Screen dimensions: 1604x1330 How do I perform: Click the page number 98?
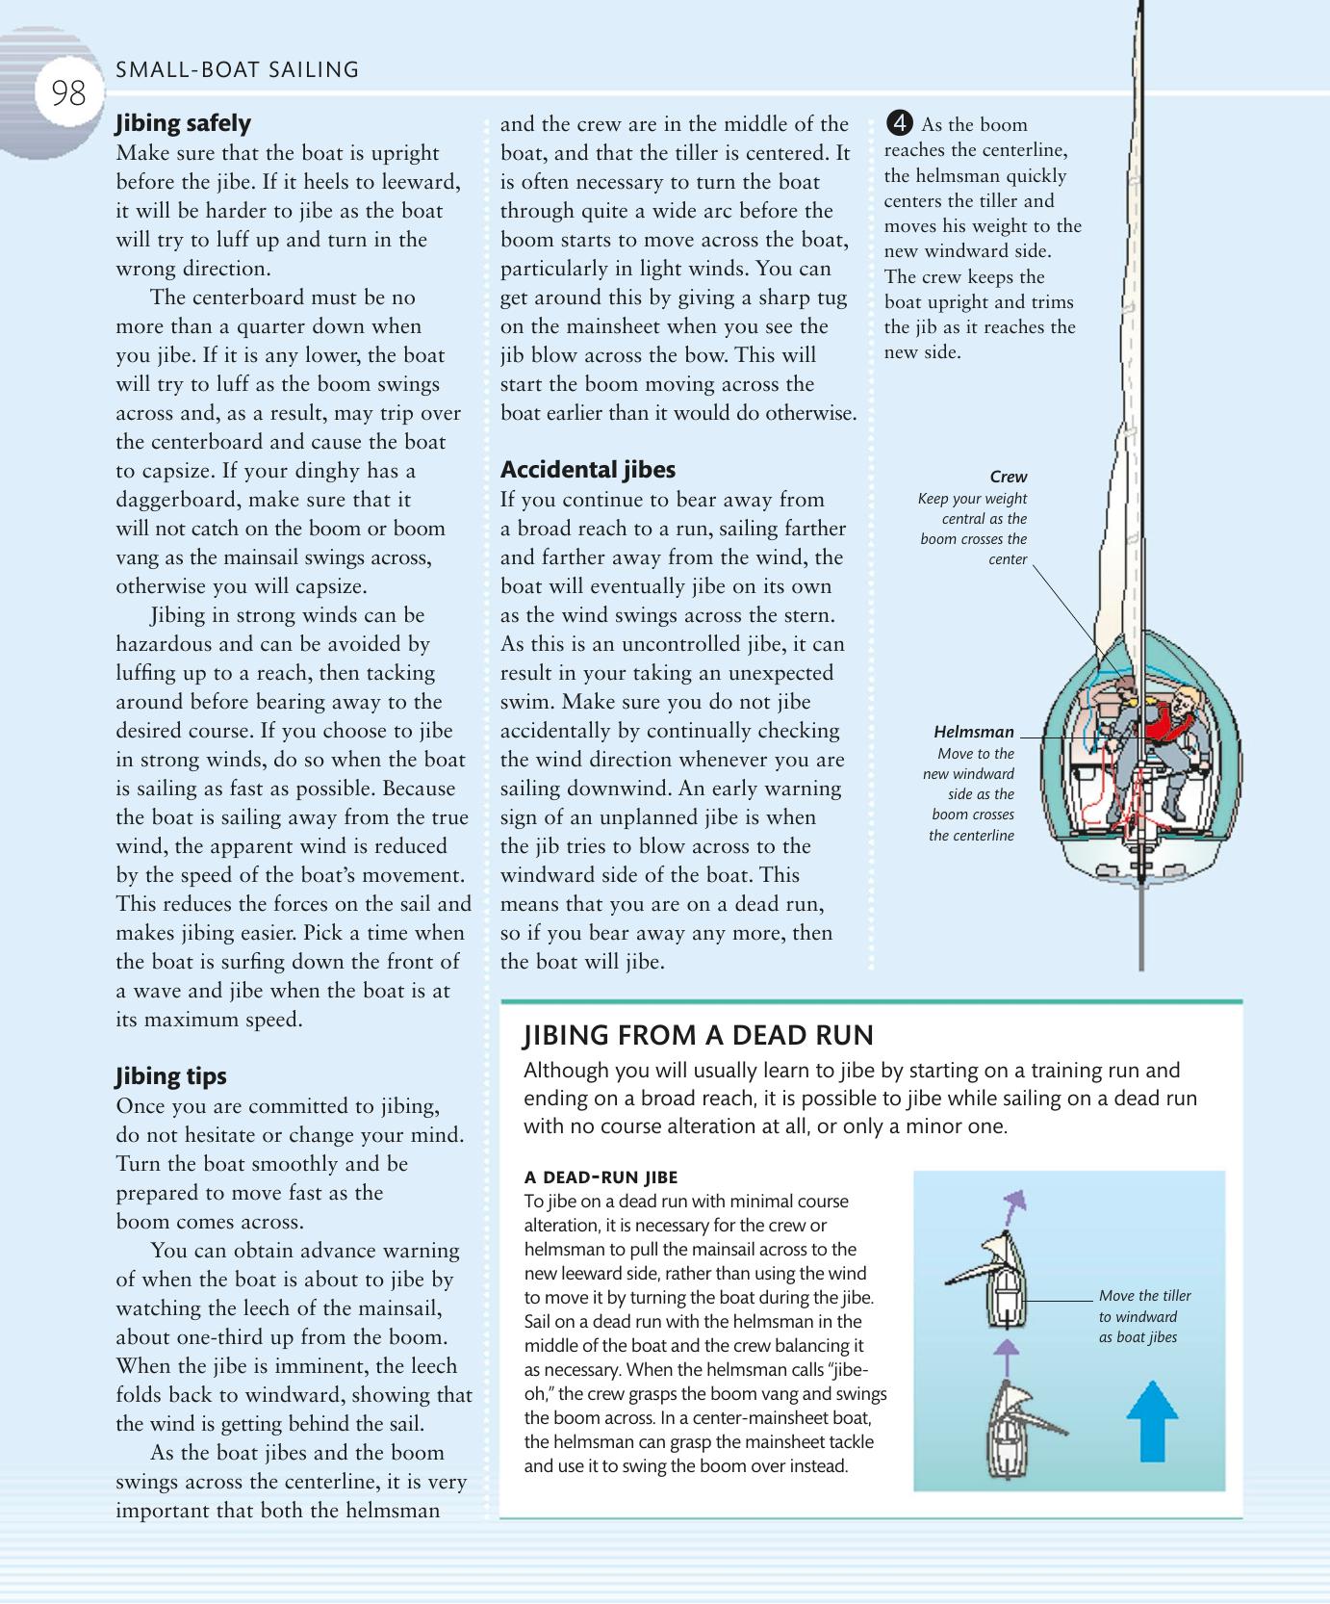[x=67, y=93]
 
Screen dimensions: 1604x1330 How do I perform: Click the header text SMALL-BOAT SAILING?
[x=237, y=69]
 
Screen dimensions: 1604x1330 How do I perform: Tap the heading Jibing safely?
[x=183, y=123]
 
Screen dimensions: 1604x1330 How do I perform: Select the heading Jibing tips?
[x=171, y=1076]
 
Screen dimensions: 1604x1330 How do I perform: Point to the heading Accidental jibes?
[x=588, y=470]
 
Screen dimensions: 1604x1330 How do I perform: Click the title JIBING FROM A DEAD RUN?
[x=698, y=1035]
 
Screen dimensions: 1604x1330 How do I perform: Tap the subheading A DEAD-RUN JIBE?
[x=601, y=1177]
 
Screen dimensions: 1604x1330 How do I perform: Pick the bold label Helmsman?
[x=974, y=732]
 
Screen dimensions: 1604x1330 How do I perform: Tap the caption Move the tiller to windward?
[x=1144, y=1316]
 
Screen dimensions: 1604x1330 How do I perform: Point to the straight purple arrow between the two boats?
[x=1005, y=1354]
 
